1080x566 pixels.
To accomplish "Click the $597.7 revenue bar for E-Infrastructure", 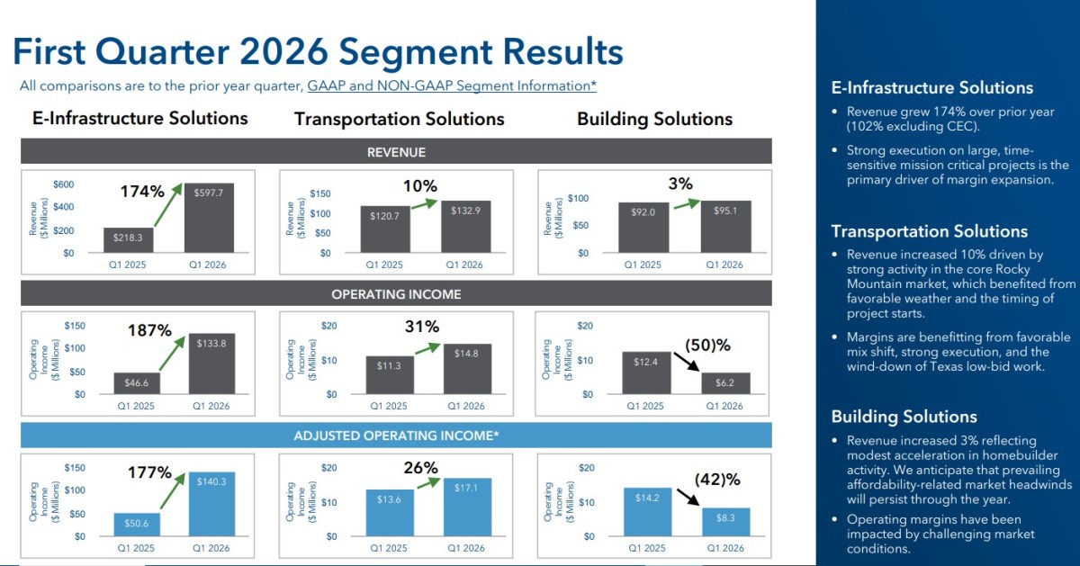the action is (x=209, y=218).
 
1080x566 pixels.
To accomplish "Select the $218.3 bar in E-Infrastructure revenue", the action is (x=128, y=240).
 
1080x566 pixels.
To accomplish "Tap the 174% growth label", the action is (x=142, y=192).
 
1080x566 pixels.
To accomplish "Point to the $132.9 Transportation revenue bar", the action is (x=466, y=227).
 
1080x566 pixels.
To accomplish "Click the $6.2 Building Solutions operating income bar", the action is (x=725, y=383).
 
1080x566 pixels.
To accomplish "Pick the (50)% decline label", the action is (x=707, y=346).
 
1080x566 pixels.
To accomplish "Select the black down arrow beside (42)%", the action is (x=688, y=497).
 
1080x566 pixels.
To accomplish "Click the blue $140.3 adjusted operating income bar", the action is (x=211, y=504).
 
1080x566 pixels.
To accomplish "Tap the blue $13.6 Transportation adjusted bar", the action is (x=390, y=513).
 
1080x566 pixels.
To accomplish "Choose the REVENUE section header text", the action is (x=396, y=152).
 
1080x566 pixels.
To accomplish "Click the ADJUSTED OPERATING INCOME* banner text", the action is (x=396, y=436).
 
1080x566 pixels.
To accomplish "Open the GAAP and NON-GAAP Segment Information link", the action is (x=452, y=85).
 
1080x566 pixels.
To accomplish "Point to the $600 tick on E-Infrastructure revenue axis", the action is (x=64, y=184).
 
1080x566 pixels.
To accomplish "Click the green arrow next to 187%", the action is (x=172, y=354).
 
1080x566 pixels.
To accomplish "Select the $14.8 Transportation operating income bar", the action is (x=467, y=369).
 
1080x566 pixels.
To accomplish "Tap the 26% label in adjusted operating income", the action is (x=421, y=468).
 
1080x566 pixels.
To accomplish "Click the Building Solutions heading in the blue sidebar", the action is (x=904, y=417).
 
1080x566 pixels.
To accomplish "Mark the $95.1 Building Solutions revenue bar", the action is (x=725, y=227).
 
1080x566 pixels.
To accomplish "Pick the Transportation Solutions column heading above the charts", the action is (x=400, y=119).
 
